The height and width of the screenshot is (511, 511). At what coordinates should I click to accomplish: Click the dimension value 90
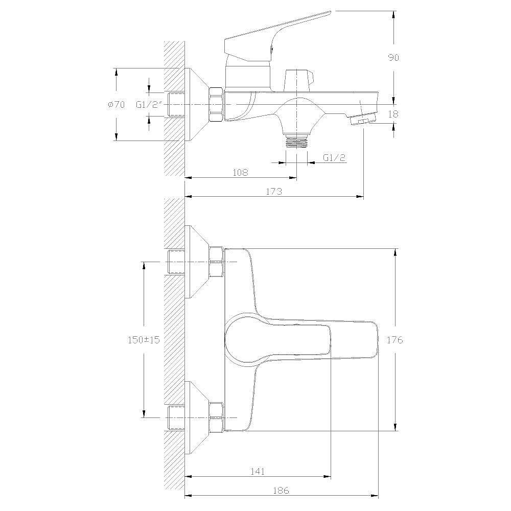coord(393,58)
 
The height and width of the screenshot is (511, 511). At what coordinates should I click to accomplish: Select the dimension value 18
coord(393,114)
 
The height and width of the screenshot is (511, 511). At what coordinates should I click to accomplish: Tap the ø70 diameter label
coord(115,105)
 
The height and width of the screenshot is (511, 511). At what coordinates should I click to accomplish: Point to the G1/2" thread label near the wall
coord(149,105)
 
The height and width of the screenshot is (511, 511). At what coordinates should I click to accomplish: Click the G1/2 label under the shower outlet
coord(334,158)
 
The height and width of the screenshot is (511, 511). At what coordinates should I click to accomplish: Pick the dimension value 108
coord(240,172)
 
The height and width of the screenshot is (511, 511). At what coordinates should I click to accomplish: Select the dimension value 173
coord(274,191)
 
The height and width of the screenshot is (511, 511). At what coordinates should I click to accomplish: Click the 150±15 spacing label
coord(144,340)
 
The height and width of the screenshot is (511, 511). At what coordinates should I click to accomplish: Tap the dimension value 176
coord(394,340)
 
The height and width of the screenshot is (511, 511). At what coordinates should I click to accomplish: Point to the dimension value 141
coord(258,471)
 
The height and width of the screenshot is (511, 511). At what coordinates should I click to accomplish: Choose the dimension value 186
coord(281,490)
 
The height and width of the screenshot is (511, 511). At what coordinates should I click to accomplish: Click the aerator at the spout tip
coord(363,119)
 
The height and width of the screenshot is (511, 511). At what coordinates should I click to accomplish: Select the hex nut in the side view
coord(216,104)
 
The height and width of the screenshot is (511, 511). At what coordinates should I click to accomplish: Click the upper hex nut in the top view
coord(216,262)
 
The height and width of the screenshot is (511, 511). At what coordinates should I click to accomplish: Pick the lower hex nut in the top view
coord(216,417)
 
